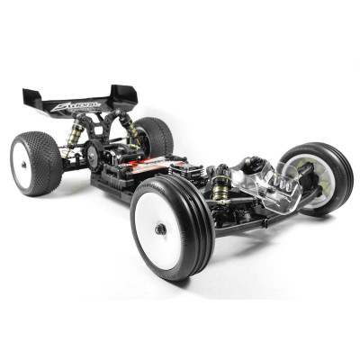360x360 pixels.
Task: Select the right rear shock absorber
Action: click(133, 130)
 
